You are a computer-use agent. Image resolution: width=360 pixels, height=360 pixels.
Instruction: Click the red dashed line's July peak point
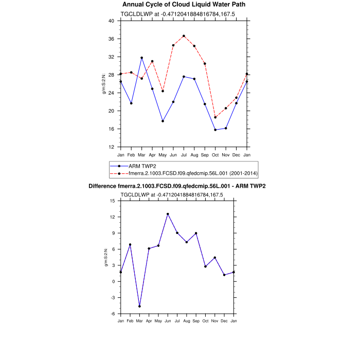[x=184, y=36]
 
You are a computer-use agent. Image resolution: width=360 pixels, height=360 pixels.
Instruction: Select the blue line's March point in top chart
[x=141, y=58]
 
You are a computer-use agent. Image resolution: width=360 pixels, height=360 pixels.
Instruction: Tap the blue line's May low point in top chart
[x=163, y=121]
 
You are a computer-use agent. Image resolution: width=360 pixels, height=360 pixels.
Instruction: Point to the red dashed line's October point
[x=215, y=117]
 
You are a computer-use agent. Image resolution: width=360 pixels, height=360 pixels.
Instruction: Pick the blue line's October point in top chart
[x=215, y=130]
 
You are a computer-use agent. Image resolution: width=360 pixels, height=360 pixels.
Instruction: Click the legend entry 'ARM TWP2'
[x=142, y=166]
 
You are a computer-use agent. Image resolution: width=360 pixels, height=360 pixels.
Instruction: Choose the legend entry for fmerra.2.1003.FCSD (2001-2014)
[x=193, y=173]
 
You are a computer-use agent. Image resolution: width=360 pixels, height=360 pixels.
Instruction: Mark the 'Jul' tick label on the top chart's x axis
[x=184, y=155]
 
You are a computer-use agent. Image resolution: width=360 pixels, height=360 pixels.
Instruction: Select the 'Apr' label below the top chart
[x=152, y=155]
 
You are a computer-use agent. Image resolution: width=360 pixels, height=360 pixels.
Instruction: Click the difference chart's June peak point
[x=168, y=214]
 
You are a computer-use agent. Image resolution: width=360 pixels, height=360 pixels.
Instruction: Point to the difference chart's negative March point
[x=139, y=307]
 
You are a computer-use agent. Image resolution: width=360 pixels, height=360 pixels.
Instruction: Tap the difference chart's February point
[x=130, y=244]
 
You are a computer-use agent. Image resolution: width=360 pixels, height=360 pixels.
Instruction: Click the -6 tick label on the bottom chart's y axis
[x=112, y=314]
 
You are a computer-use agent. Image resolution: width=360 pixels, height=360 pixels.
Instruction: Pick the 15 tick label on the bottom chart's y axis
[x=112, y=201]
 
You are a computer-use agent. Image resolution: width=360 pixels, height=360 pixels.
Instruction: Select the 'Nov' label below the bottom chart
[x=215, y=321]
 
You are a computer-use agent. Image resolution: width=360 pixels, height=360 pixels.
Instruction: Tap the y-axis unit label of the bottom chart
[x=105, y=257]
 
